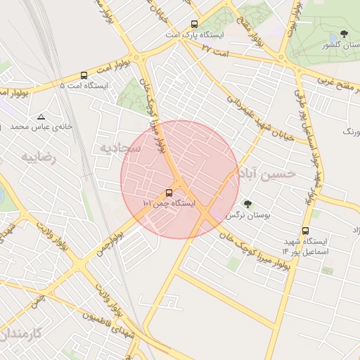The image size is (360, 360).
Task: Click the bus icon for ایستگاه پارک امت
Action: [x=193, y=23]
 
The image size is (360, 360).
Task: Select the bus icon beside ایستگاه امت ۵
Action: [x=84, y=75]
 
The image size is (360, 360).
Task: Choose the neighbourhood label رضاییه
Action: [x=37, y=157]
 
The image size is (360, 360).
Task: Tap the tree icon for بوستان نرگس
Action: [x=247, y=204]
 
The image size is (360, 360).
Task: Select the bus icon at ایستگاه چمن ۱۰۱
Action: [x=169, y=192]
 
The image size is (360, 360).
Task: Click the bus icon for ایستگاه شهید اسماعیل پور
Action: [x=305, y=231]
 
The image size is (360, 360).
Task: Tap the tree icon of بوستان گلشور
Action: [x=344, y=34]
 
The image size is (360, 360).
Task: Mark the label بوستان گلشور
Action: [x=337, y=44]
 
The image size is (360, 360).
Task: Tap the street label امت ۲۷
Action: [x=215, y=47]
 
